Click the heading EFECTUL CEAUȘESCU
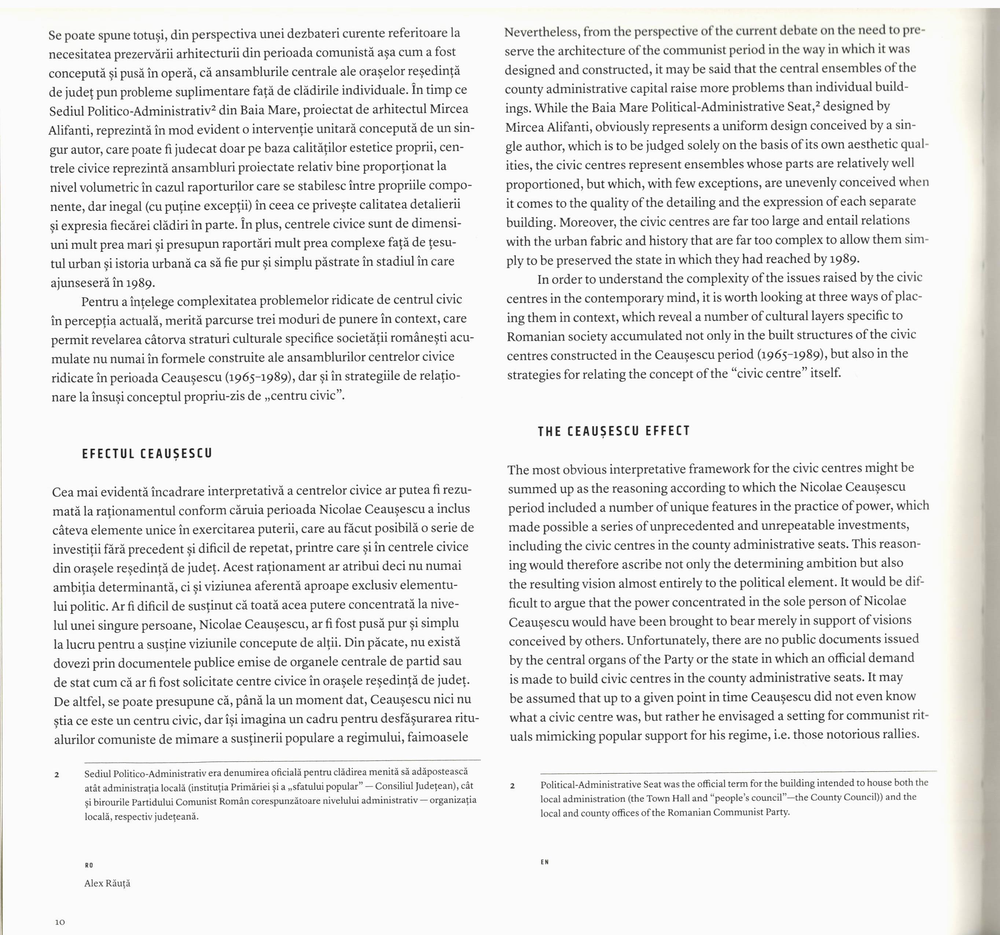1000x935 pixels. tap(147, 454)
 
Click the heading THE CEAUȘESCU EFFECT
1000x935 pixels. tap(614, 431)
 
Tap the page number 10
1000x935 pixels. tap(60, 922)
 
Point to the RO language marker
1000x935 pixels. tap(89, 865)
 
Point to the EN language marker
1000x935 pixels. tap(545, 862)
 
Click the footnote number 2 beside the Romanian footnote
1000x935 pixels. tap(57, 774)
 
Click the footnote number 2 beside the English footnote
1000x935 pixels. tap(512, 785)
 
